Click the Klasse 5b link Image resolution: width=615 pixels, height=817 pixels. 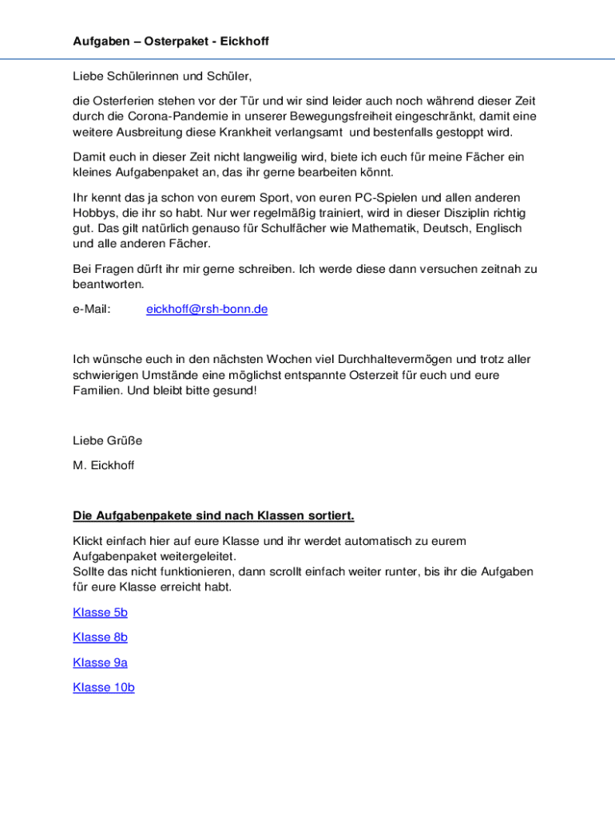coord(100,612)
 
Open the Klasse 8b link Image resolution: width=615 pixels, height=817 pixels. coord(100,637)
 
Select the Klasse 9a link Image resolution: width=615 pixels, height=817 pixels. coord(100,662)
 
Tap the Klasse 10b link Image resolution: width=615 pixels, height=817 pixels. coord(104,687)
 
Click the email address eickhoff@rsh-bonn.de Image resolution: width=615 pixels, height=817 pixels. coord(207,309)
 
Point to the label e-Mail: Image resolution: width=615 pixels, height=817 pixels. coord(92,309)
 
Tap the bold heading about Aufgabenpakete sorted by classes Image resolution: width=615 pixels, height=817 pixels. coord(213,515)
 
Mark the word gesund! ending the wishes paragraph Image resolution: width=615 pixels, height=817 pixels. coord(236,391)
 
